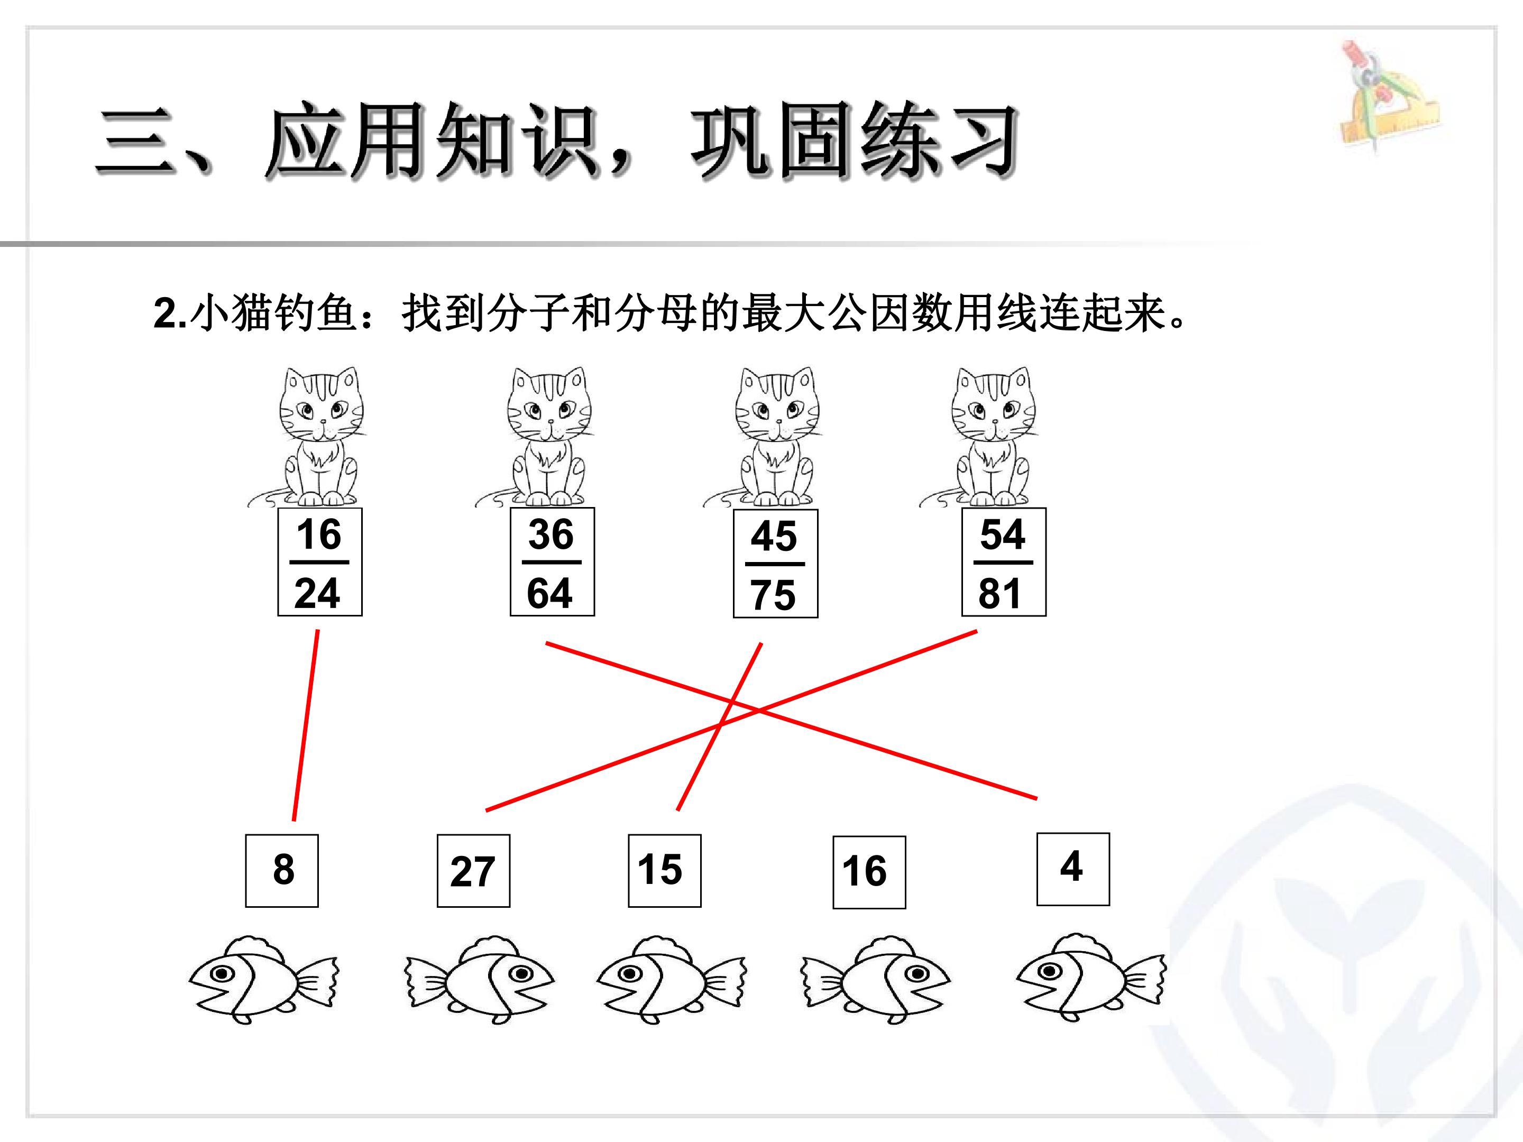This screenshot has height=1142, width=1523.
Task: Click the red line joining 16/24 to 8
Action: (306, 725)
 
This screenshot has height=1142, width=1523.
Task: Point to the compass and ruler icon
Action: (1389, 96)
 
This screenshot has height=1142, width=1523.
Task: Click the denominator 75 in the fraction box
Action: (773, 595)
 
